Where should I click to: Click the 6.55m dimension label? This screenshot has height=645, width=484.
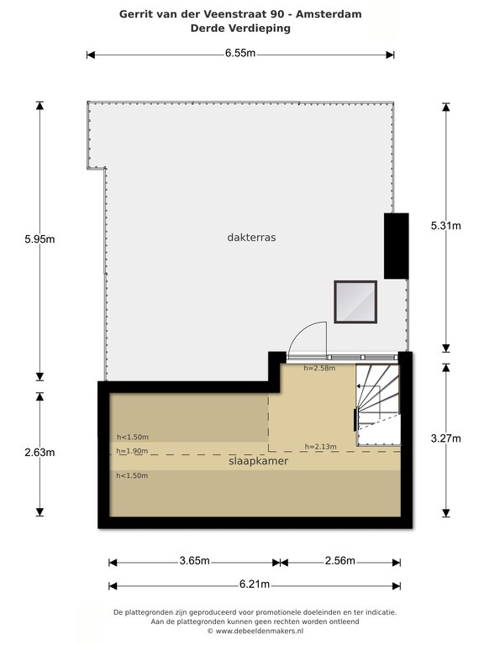pyautogui.click(x=240, y=54)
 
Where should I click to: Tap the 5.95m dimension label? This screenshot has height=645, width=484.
pyautogui.click(x=39, y=239)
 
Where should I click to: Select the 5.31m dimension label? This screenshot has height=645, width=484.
pyautogui.click(x=445, y=225)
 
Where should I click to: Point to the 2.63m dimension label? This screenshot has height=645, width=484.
pyautogui.click(x=39, y=453)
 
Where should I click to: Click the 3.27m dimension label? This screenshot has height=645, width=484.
pyautogui.click(x=445, y=438)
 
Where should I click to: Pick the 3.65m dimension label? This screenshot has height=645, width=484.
pyautogui.click(x=194, y=561)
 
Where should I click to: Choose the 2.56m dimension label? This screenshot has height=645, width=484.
pyautogui.click(x=340, y=561)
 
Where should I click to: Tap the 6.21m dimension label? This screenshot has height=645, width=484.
pyautogui.click(x=255, y=585)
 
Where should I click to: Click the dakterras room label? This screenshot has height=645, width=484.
pyautogui.click(x=251, y=238)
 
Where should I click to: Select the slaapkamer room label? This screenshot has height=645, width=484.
pyautogui.click(x=258, y=461)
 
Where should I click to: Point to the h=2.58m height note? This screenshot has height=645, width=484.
pyautogui.click(x=320, y=368)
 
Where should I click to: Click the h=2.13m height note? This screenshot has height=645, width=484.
pyautogui.click(x=321, y=446)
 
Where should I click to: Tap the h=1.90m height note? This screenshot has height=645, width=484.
pyautogui.click(x=132, y=451)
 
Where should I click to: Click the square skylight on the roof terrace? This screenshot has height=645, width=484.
pyautogui.click(x=355, y=302)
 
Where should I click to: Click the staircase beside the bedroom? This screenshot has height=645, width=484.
pyautogui.click(x=378, y=404)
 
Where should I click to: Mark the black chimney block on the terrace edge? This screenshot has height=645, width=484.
pyautogui.click(x=397, y=246)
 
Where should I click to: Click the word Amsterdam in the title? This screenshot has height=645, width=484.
pyautogui.click(x=329, y=14)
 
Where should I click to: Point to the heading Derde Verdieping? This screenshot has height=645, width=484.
pyautogui.click(x=240, y=28)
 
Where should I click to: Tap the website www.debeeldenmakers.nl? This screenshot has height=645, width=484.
pyautogui.click(x=260, y=631)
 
